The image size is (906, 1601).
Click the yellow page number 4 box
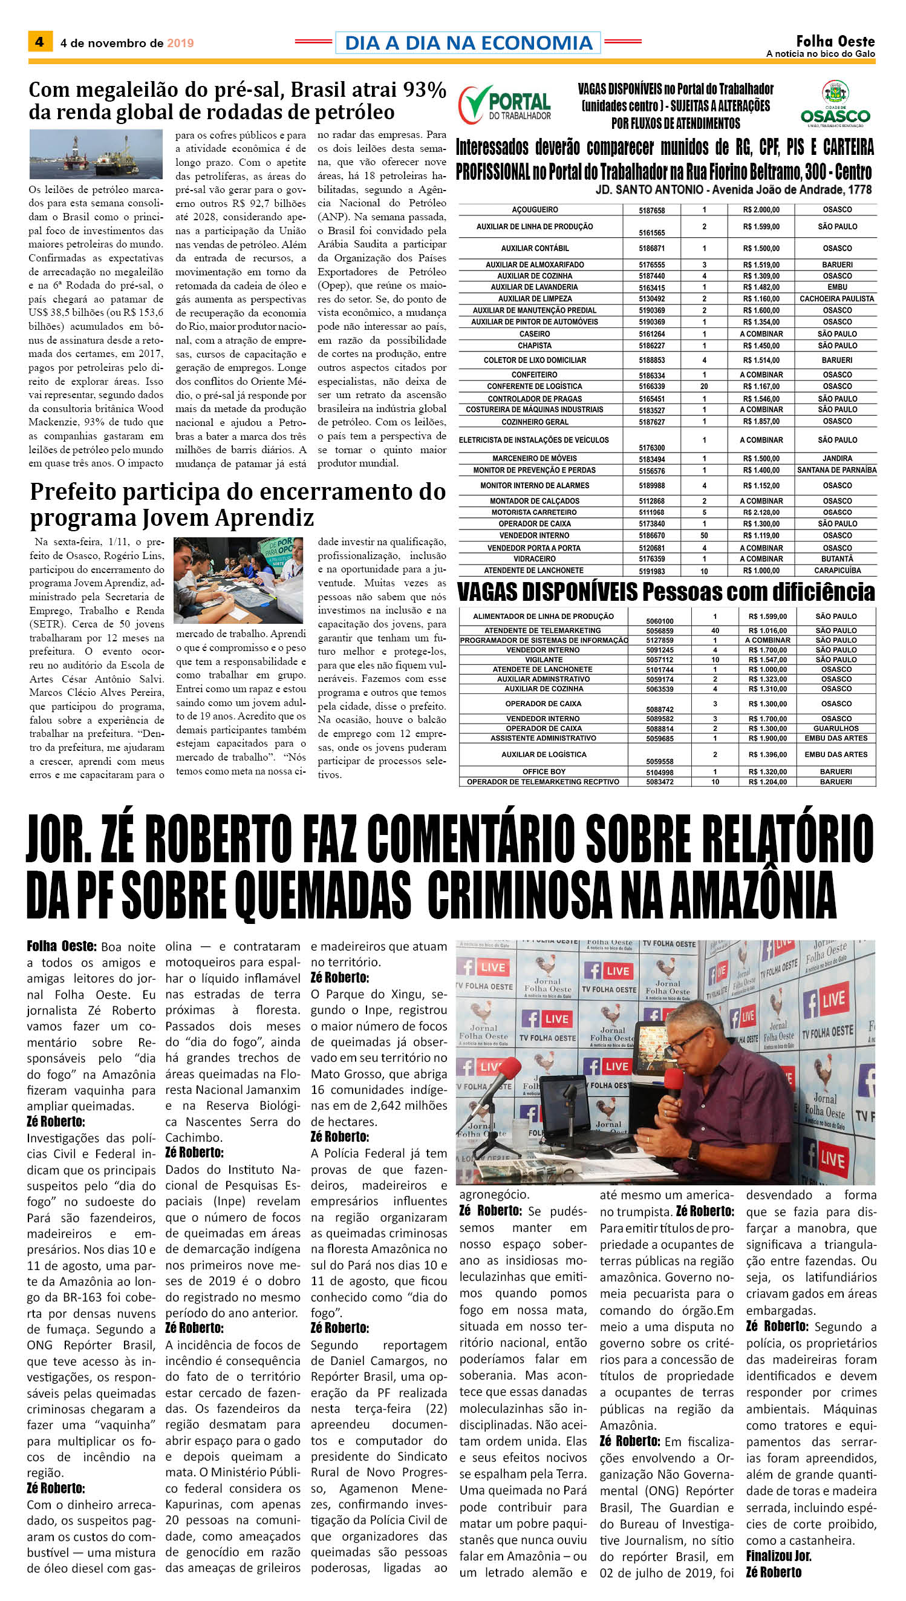tap(40, 42)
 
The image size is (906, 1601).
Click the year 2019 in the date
tap(180, 43)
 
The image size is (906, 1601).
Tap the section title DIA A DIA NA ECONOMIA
tap(468, 43)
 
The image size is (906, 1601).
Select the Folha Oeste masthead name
tap(835, 42)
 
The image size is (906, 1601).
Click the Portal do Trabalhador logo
tap(505, 105)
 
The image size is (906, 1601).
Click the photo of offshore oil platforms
tap(96, 154)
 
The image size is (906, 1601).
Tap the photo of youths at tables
tap(239, 580)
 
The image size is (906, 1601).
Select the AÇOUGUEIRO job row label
tap(535, 210)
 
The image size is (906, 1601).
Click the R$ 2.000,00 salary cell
tap(761, 210)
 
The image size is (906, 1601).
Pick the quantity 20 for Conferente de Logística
tap(704, 387)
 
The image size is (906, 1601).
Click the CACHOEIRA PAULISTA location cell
tap(837, 299)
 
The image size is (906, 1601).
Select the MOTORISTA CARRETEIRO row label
tap(534, 512)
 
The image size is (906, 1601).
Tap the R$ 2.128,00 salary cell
tap(761, 512)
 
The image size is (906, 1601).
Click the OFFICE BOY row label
tap(544, 772)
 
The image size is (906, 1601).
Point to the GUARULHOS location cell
tap(836, 728)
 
